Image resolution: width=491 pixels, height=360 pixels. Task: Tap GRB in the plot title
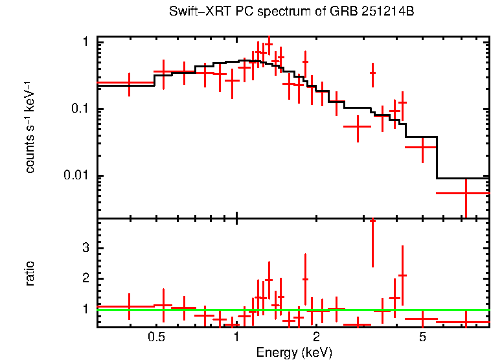pyautogui.click(x=340, y=12)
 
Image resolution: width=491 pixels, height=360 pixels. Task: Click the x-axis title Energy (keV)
pyautogui.click(x=294, y=352)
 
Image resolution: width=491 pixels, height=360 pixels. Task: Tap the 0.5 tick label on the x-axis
pyautogui.click(x=155, y=337)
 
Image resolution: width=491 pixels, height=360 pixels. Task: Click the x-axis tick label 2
pyautogui.click(x=316, y=337)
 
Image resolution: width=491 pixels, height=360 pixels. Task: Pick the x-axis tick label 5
pyautogui.click(x=422, y=337)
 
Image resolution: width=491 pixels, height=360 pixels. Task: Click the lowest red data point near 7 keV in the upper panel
pyautogui.click(x=466, y=193)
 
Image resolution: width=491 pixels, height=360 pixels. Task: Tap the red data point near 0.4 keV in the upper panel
pyautogui.click(x=129, y=83)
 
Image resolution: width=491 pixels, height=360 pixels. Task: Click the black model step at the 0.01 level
pyautogui.click(x=463, y=178)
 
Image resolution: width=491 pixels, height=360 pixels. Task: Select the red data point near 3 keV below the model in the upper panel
pyautogui.click(x=357, y=127)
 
